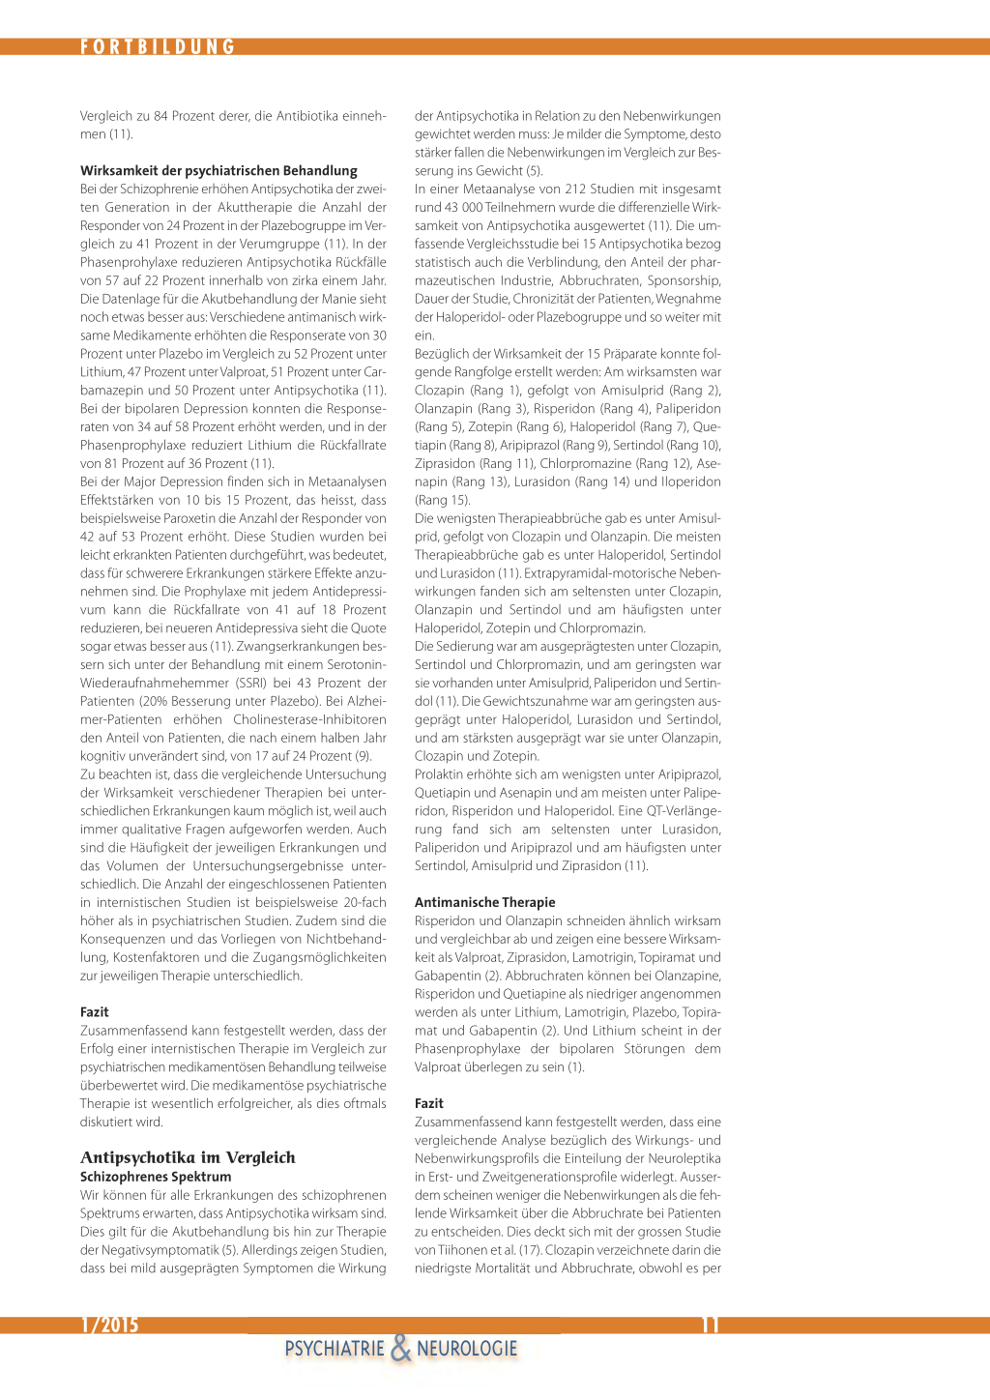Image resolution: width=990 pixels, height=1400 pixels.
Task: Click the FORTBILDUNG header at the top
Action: [158, 47]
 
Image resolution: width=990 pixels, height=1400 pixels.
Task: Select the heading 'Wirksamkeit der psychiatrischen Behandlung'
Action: [218, 170]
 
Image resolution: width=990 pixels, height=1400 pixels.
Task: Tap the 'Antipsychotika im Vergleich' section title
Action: [188, 1157]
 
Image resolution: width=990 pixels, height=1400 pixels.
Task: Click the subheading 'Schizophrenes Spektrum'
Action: [156, 1177]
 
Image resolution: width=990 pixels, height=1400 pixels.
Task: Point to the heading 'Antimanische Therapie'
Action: [484, 902]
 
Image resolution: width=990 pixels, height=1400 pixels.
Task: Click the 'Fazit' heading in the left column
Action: [95, 1011]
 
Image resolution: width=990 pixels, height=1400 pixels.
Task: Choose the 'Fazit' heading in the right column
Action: [429, 1103]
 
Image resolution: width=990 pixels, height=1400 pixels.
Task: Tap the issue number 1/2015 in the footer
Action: [110, 1325]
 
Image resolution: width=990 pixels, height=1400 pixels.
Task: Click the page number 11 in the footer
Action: [710, 1325]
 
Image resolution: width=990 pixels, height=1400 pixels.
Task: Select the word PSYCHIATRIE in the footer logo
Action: [335, 1349]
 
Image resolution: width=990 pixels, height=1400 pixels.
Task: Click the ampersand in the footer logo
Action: [400, 1348]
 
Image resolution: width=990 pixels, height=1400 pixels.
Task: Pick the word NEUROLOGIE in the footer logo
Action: [467, 1349]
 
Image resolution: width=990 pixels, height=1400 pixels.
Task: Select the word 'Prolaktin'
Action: [442, 774]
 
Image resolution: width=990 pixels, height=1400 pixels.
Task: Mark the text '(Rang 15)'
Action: [442, 500]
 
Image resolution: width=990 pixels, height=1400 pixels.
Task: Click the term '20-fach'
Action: [364, 902]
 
